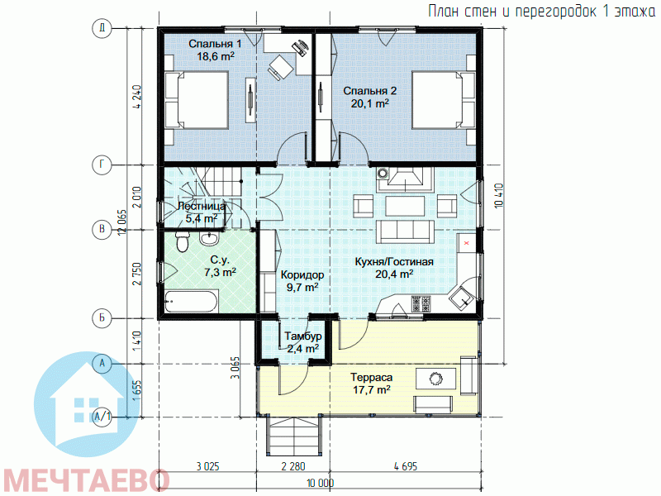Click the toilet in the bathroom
pos(182,241)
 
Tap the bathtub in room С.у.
pos(191,302)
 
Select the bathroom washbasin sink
pos(209,239)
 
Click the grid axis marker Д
pos(102,28)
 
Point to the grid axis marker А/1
pos(102,417)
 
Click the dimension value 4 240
pos(137,98)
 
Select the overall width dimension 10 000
pos(321,483)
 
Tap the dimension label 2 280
pos(293,466)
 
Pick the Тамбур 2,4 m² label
pos(302,342)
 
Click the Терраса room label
pos(371,377)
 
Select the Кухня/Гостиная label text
pos(394,261)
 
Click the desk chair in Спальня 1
pos(281,67)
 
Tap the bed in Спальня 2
pos(444,100)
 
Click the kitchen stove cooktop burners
pos(421,303)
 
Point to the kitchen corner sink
pos(462,298)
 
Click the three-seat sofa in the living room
pos(405,231)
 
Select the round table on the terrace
pos(435,379)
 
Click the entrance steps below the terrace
pos(294,436)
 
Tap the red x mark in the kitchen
pos(467,242)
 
